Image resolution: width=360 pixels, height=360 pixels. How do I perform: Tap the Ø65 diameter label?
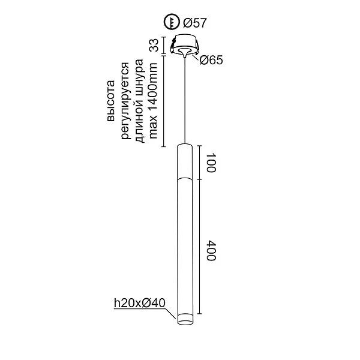(211, 60)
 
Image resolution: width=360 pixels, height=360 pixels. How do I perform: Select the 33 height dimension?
(154, 46)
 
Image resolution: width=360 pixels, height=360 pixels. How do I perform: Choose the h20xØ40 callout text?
(139, 304)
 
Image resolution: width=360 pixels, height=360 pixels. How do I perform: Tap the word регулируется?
(125, 100)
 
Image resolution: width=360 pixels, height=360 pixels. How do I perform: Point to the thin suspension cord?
(184, 102)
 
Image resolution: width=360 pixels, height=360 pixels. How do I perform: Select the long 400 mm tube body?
(184, 246)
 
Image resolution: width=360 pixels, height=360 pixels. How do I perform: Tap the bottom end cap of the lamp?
(184, 320)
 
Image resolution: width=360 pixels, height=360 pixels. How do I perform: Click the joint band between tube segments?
(184, 179)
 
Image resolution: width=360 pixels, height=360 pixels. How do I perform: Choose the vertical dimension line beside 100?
(200, 162)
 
